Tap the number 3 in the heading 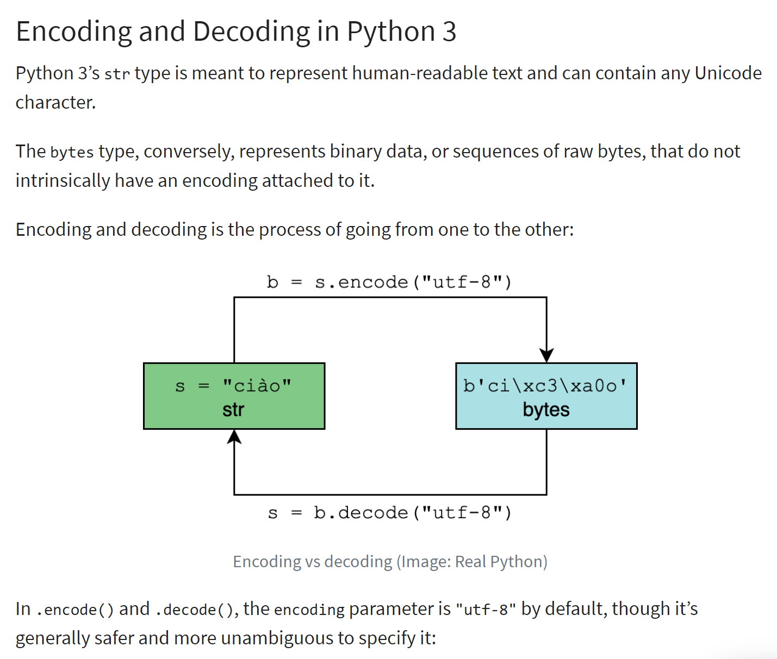point(449,32)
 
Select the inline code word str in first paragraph point(117,74)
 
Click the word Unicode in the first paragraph point(728,73)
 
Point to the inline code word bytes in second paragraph point(72,152)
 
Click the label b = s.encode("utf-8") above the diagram point(389,282)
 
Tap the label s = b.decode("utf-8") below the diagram point(389,512)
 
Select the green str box point(234,396)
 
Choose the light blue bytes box point(546,396)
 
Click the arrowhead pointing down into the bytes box point(546,355)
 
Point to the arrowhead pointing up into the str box point(234,436)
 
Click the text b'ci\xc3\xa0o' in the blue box point(545,386)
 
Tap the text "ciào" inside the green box point(257,386)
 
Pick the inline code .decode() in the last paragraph point(194,610)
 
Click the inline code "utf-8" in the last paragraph point(486,610)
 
